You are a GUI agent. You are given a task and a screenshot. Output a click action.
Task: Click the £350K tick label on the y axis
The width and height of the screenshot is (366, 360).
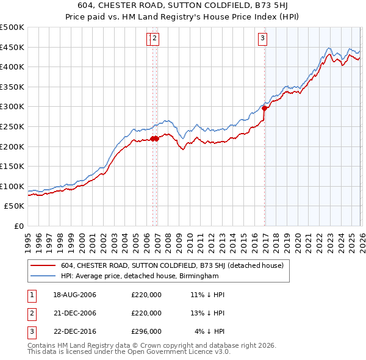(12, 87)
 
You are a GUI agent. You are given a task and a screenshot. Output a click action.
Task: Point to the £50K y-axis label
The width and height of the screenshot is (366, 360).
(14, 206)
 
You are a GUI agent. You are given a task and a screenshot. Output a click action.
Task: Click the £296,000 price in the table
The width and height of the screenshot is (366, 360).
(146, 332)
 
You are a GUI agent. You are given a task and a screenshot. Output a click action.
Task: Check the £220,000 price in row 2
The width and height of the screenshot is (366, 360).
(146, 313)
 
